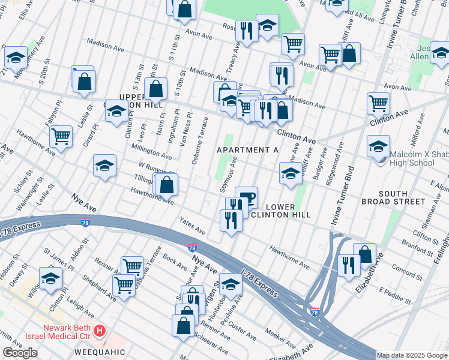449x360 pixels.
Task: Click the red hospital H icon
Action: tap(100, 331)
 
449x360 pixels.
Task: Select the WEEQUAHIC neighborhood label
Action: tap(99, 352)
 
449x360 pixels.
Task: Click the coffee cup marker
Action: tap(246, 196)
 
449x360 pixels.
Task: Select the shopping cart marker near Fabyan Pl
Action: tap(61, 137)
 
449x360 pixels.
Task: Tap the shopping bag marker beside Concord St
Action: tap(364, 253)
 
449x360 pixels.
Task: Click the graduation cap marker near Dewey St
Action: tap(51, 277)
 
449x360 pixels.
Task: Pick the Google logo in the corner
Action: tap(20, 353)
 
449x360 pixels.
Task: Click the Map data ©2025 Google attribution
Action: tap(412, 355)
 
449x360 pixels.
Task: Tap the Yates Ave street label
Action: tap(192, 226)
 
